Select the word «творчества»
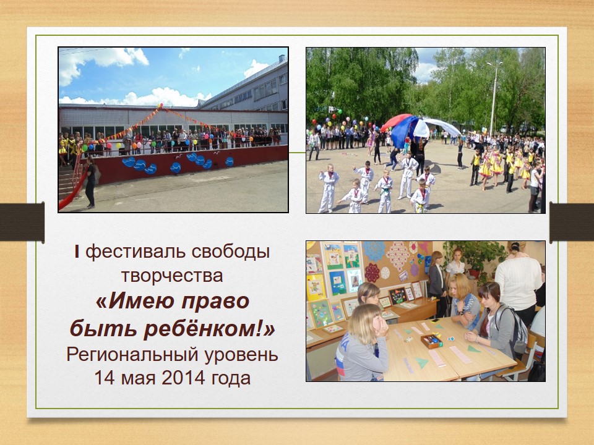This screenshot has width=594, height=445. (x=172, y=276)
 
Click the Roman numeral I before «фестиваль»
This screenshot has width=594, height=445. (x=77, y=252)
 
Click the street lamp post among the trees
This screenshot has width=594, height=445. (x=494, y=98)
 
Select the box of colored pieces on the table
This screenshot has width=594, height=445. (x=432, y=341)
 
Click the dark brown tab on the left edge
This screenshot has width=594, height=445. (x=22, y=222)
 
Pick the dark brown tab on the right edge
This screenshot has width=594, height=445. (x=572, y=222)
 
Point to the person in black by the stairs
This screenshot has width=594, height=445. (x=90, y=182)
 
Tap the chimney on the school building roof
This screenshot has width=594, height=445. (x=282, y=59)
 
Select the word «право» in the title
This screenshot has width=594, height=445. (x=215, y=302)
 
